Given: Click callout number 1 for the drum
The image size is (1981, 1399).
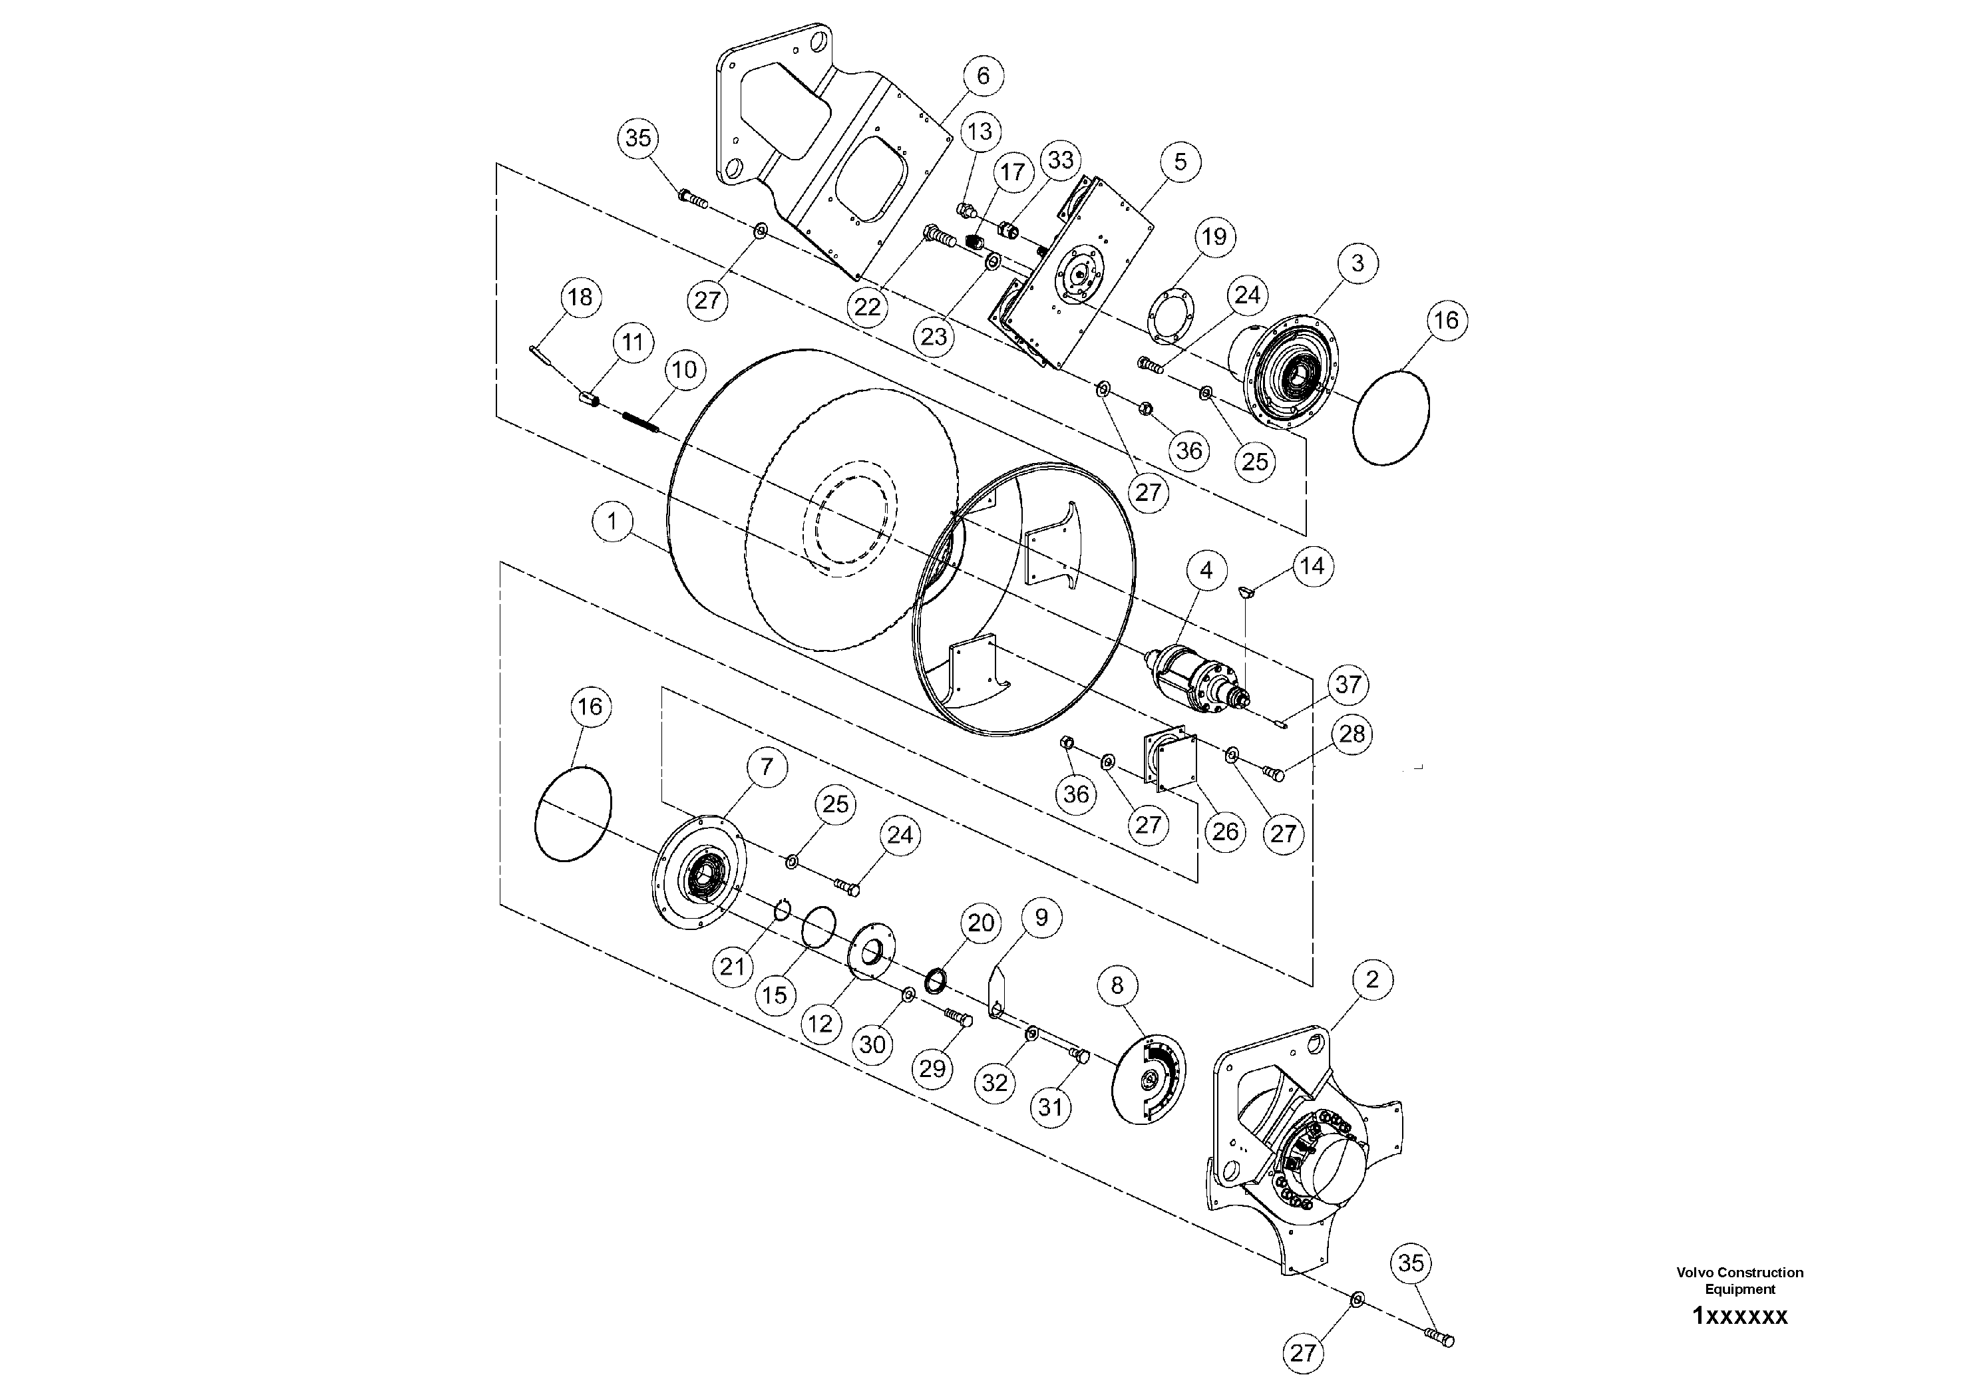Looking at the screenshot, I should click(614, 521).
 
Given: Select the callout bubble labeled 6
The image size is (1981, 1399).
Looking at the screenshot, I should click(983, 76).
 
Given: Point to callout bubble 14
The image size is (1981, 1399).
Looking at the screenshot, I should click(1312, 566).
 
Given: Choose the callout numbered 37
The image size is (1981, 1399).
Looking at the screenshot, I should click(1348, 685).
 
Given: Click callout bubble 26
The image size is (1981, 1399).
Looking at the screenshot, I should click(1225, 832).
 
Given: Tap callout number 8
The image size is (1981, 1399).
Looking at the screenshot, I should click(1117, 985).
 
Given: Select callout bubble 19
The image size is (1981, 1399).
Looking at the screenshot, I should click(1214, 236).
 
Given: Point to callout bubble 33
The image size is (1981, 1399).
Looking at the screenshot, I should click(1061, 160).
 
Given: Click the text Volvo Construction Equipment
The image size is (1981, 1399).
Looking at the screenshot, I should click(1739, 1280).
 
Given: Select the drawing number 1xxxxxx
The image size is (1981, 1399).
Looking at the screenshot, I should click(1739, 1317).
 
